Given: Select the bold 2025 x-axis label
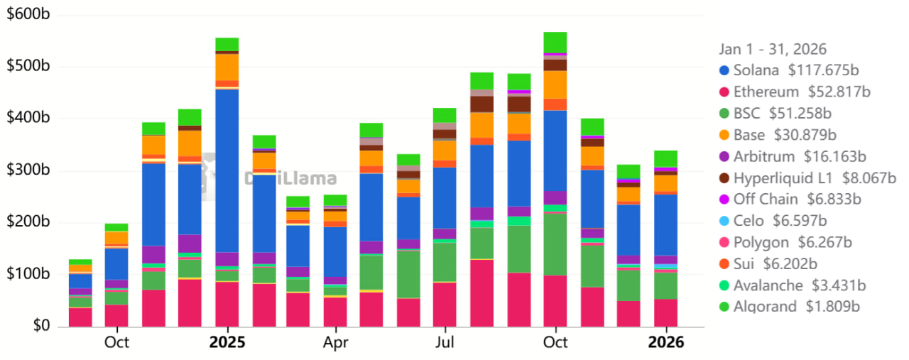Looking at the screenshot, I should [227, 342].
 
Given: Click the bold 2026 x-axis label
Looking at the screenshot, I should [665, 342].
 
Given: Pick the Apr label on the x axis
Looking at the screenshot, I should [335, 342].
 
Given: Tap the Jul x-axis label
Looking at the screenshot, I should [445, 342].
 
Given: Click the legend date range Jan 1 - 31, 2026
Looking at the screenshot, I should [773, 49].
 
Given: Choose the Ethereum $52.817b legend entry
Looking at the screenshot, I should [802, 92].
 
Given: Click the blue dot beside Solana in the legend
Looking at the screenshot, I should [724, 70].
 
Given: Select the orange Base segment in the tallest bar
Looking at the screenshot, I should [555, 84].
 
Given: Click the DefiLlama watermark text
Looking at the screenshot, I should [291, 179].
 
